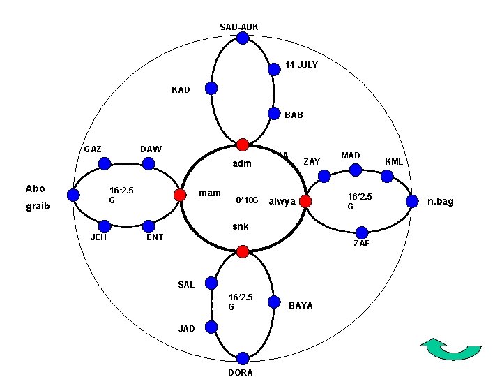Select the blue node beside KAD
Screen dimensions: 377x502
pyautogui.click(x=211, y=89)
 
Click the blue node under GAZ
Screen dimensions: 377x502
pyautogui.click(x=105, y=164)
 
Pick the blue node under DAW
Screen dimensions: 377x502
pyautogui.click(x=149, y=164)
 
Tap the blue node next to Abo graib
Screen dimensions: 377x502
pyautogui.click(x=73, y=195)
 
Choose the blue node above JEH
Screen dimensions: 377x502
pyautogui.click(x=105, y=226)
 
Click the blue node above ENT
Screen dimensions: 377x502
pyautogui.click(x=149, y=226)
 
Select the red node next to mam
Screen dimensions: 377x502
pyautogui.click(x=179, y=195)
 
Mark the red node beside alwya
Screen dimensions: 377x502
pyautogui.click(x=305, y=202)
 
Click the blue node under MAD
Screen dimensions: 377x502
pyautogui.click(x=355, y=169)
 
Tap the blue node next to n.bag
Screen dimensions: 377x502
pyautogui.click(x=412, y=202)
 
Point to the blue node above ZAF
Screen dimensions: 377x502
pyautogui.click(x=362, y=232)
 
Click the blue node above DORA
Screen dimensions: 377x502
pyautogui.click(x=242, y=358)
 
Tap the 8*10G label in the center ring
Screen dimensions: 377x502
pyautogui.click(x=247, y=201)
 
